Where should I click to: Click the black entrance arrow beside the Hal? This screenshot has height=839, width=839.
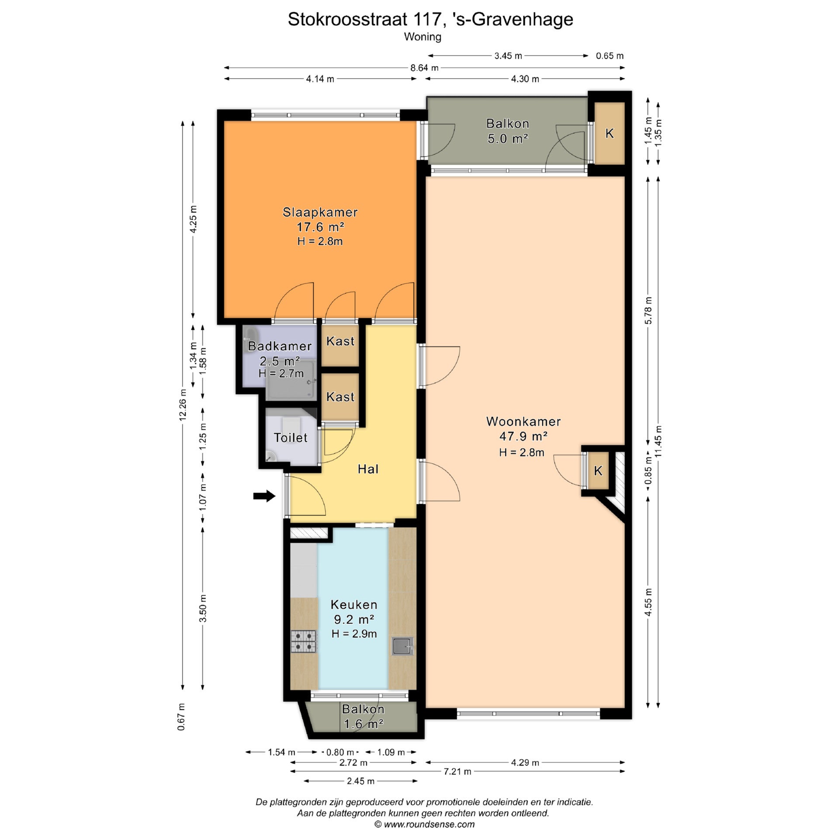[264, 496]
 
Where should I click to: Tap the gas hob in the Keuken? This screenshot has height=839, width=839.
[304, 641]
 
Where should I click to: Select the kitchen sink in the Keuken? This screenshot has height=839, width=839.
[402, 646]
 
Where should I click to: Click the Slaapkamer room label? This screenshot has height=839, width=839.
[320, 212]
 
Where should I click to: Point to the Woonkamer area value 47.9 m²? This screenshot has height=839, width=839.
[524, 436]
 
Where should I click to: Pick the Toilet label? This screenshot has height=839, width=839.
[291, 437]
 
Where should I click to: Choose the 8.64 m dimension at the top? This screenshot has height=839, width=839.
[424, 68]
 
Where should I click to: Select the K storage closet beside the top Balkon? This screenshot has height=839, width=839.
[610, 133]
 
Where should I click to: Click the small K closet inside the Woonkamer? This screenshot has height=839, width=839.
[598, 471]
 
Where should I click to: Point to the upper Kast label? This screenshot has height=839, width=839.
[340, 341]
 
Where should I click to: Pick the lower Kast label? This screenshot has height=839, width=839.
[340, 397]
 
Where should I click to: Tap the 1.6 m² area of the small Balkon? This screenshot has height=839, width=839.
[364, 724]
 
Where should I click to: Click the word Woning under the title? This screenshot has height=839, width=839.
[423, 37]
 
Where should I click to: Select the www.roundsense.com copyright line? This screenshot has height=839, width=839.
[424, 825]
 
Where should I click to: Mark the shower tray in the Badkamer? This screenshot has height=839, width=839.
[291, 380]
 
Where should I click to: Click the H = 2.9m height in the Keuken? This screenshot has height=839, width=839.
[354, 634]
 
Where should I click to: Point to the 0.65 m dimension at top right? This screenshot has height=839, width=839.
[610, 56]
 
